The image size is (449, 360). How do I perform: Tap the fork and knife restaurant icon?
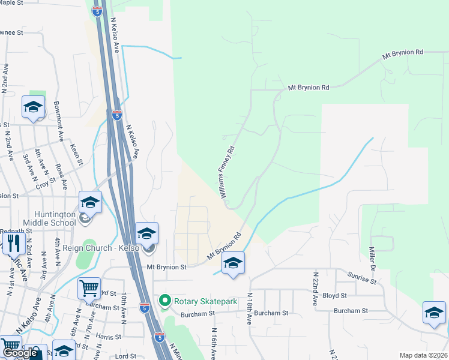coord(12,244)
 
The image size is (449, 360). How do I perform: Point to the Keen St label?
coord(76,154)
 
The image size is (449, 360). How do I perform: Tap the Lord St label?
coord(126,355)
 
